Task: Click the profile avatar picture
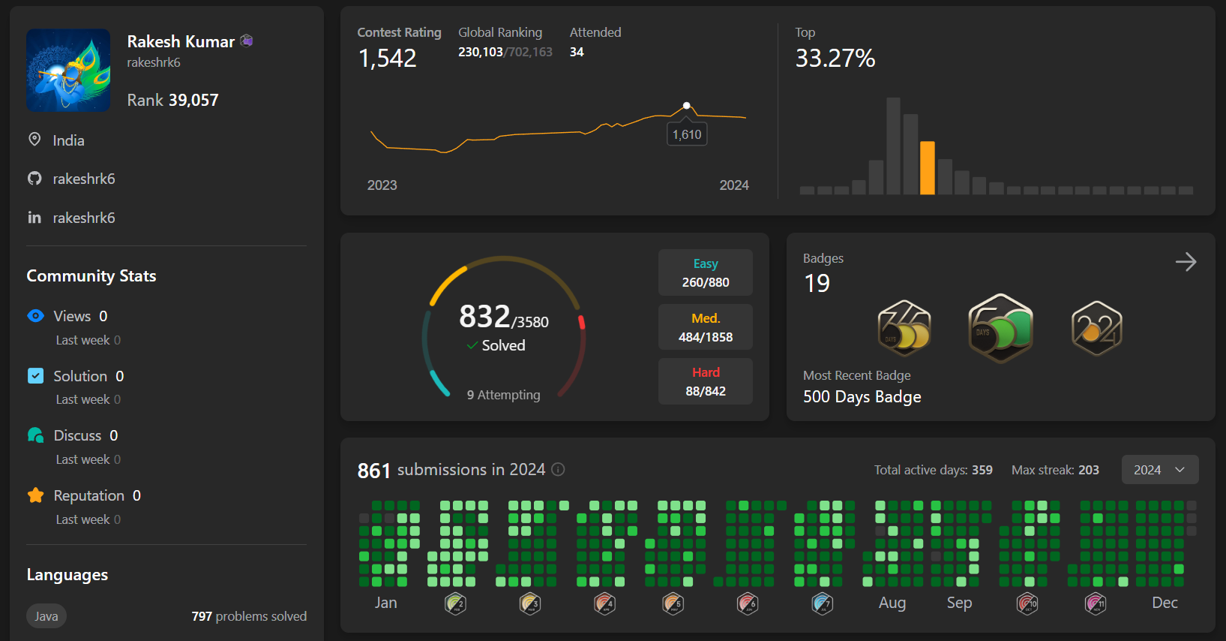pyautogui.click(x=68, y=71)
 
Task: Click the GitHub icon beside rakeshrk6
pyautogui.click(x=34, y=179)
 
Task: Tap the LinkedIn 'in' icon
pyautogui.click(x=34, y=218)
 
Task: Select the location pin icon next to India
pyautogui.click(x=34, y=140)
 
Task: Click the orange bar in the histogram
pyautogui.click(x=928, y=168)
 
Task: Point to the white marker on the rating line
pyautogui.click(x=686, y=106)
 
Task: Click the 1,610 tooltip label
pyautogui.click(x=687, y=135)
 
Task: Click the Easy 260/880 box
pyautogui.click(x=705, y=273)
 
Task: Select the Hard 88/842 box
pyautogui.click(x=705, y=382)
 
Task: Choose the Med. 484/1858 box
pyautogui.click(x=705, y=328)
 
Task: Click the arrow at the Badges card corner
pyautogui.click(x=1186, y=262)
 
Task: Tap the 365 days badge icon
pyautogui.click(x=904, y=329)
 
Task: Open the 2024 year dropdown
pyautogui.click(x=1159, y=470)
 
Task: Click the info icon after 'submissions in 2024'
pyautogui.click(x=558, y=470)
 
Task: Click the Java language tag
pyautogui.click(x=46, y=616)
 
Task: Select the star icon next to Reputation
pyautogui.click(x=35, y=495)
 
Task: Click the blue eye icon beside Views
pyautogui.click(x=35, y=316)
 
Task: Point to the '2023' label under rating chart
pyautogui.click(x=382, y=185)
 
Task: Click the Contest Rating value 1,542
pyautogui.click(x=387, y=59)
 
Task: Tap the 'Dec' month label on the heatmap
pyautogui.click(x=1165, y=603)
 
